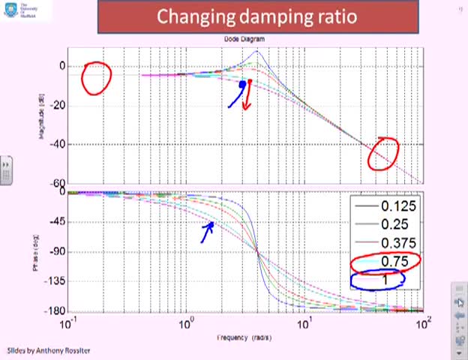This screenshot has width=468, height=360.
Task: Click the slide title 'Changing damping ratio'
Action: (257, 16)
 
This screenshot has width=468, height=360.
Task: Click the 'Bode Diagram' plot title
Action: (244, 39)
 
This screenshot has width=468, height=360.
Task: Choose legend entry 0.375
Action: (397, 243)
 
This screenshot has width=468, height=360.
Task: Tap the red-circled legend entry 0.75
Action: (394, 261)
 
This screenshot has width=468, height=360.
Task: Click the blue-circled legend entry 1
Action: (385, 280)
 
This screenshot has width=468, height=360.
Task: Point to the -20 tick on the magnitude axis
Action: (55, 106)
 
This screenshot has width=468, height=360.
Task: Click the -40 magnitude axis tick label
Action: (55, 145)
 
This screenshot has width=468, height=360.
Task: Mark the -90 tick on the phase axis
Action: (55, 252)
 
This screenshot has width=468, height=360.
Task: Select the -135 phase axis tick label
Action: (54, 281)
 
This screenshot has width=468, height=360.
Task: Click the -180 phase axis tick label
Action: (54, 311)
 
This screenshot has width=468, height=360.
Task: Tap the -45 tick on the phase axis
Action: (55, 222)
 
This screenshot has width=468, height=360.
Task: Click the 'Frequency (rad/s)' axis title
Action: (244, 338)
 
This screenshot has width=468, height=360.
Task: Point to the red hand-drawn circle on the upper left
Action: (96, 78)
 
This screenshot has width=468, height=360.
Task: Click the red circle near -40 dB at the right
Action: (383, 154)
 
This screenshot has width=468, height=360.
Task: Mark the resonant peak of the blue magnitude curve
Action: (256, 52)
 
